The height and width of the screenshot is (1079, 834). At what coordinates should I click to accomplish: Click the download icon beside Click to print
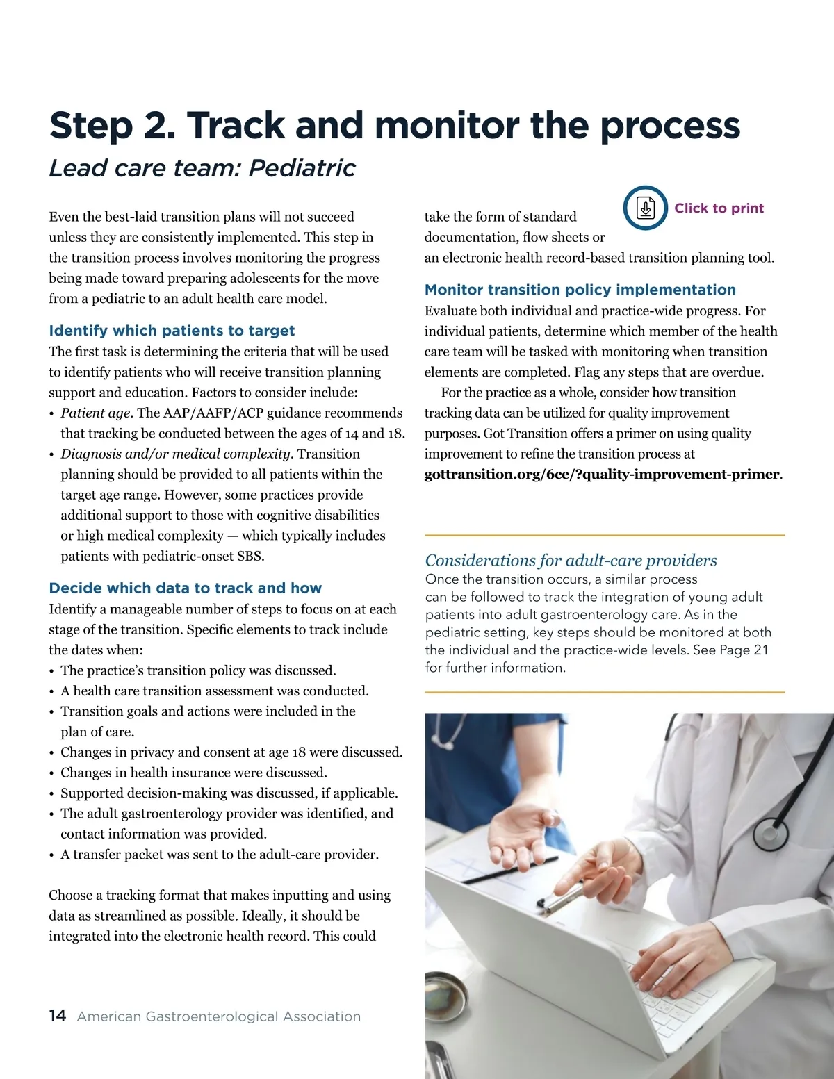pyautogui.click(x=646, y=208)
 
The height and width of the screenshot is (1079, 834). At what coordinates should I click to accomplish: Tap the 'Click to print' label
pyautogui.click(x=719, y=208)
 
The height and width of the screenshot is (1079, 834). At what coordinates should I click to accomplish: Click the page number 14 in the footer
pyautogui.click(x=57, y=1016)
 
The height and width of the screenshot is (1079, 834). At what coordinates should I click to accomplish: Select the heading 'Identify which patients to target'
pyautogui.click(x=172, y=331)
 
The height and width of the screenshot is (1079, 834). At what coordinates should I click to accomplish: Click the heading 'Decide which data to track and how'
pyautogui.click(x=185, y=588)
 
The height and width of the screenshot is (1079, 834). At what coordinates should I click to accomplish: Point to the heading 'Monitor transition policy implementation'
pyautogui.click(x=580, y=290)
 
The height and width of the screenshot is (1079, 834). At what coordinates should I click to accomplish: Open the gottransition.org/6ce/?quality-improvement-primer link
pyautogui.click(x=602, y=475)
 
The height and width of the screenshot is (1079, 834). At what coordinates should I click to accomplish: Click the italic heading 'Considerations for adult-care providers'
pyautogui.click(x=571, y=560)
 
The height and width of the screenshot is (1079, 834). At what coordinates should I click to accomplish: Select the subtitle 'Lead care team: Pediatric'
pyautogui.click(x=202, y=168)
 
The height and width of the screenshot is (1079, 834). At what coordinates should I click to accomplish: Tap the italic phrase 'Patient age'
pyautogui.click(x=95, y=413)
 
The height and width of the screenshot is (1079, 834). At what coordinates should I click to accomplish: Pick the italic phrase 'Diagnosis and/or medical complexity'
pyautogui.click(x=175, y=454)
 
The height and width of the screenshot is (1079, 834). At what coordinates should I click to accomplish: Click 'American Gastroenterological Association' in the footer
pyautogui.click(x=218, y=1016)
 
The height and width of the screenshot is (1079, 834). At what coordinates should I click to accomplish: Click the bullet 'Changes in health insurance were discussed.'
pyautogui.click(x=193, y=773)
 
